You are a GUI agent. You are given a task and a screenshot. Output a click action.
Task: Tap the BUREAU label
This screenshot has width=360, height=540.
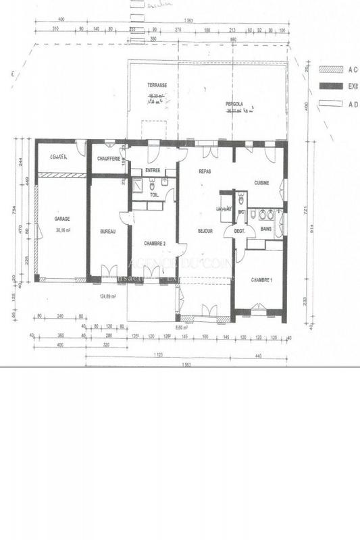[x=108, y=232]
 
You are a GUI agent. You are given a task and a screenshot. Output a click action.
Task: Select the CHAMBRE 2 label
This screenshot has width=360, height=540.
[x=155, y=242]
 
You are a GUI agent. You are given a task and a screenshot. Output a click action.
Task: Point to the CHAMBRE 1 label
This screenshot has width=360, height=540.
[x=261, y=279]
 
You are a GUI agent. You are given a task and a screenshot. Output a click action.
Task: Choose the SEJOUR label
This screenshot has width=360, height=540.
[x=205, y=231]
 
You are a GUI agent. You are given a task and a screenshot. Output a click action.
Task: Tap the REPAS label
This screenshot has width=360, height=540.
[x=205, y=171]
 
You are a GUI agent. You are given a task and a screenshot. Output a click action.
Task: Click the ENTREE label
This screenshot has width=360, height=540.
[x=152, y=171]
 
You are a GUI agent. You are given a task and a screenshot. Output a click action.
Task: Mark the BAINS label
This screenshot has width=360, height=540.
[x=266, y=229]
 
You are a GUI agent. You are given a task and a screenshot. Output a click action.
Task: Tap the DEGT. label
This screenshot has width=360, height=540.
[x=239, y=232]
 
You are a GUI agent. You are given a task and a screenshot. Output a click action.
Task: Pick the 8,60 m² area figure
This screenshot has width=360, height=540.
[x=181, y=327]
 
